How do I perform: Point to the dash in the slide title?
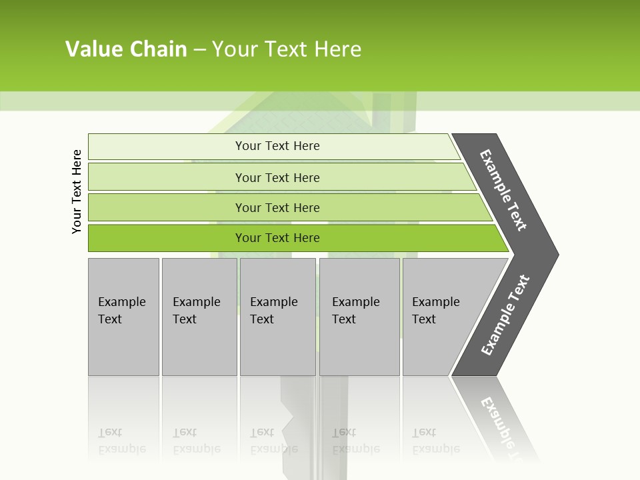pyautogui.click(x=199, y=50)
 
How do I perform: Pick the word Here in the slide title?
pyautogui.click(x=337, y=49)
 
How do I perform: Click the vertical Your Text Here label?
pyautogui.click(x=77, y=191)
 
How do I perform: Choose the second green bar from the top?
pyautogui.click(x=277, y=177)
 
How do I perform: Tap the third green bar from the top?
pyautogui.click(x=277, y=207)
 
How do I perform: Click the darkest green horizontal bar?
pyautogui.click(x=277, y=238)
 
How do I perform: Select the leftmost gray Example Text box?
pyautogui.click(x=123, y=317)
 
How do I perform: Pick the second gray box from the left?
pyautogui.click(x=199, y=317)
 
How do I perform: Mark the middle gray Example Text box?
pyautogui.click(x=277, y=317)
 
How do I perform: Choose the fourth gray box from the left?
pyautogui.click(x=359, y=317)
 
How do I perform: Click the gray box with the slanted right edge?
pyautogui.click(x=440, y=317)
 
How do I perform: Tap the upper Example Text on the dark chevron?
pyautogui.click(x=504, y=190)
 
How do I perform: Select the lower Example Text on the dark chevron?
pyautogui.click(x=505, y=315)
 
